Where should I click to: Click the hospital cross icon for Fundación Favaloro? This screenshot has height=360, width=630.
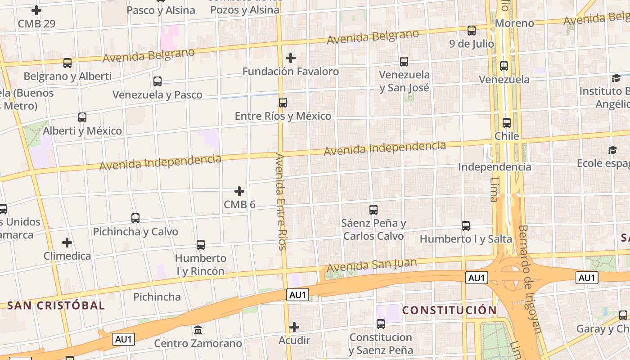pyautogui.click(x=291, y=58)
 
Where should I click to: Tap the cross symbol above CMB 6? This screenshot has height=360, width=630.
pyautogui.click(x=239, y=192)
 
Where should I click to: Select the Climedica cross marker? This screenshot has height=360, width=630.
pyautogui.click(x=67, y=243)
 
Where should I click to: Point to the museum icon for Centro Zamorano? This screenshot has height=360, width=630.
pyautogui.click(x=198, y=330)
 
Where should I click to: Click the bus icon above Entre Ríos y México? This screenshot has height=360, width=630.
pyautogui.click(x=283, y=103)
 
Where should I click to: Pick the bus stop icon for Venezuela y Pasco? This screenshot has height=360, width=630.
pyautogui.click(x=157, y=81)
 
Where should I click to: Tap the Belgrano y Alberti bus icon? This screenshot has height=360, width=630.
pyautogui.click(x=67, y=63)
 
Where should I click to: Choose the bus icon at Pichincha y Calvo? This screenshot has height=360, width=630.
pyautogui.click(x=135, y=218)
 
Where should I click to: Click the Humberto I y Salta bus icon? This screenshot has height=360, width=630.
pyautogui.click(x=466, y=225)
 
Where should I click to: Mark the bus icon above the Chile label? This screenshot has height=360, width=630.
pyautogui.click(x=507, y=123)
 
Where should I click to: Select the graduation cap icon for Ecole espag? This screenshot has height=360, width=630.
pyautogui.click(x=613, y=150)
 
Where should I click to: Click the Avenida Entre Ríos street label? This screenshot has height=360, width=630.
pyautogui.click(x=281, y=202)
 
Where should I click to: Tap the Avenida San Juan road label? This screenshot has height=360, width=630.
pyautogui.click(x=372, y=265)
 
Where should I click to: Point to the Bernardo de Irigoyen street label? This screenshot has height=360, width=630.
pyautogui.click(x=529, y=279)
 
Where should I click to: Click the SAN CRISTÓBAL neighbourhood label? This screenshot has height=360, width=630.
pyautogui.click(x=56, y=306)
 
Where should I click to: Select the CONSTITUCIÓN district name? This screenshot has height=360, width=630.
pyautogui.click(x=449, y=310)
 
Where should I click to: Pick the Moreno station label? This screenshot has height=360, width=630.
pyautogui.click(x=514, y=23)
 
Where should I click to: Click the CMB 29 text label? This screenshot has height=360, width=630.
pyautogui.click(x=36, y=24)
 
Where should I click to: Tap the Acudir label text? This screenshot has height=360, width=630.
pyautogui.click(x=294, y=341)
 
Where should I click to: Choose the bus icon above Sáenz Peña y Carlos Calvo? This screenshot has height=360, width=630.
pyautogui.click(x=373, y=209)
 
